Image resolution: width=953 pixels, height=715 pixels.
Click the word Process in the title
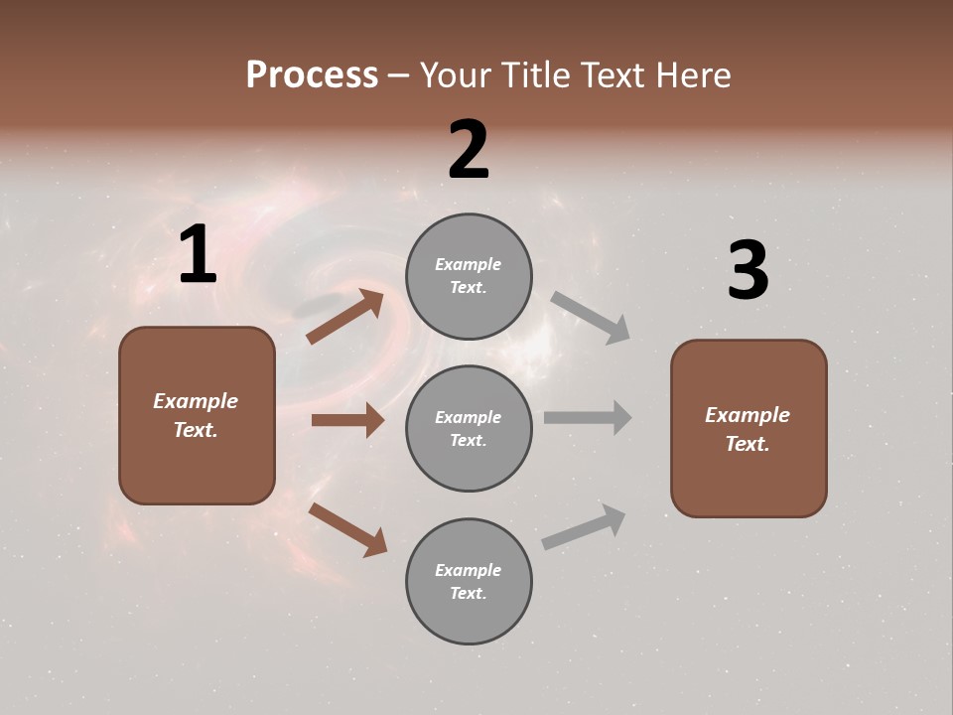(312, 75)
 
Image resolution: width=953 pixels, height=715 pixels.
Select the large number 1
(198, 255)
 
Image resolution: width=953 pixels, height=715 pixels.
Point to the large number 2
(469, 150)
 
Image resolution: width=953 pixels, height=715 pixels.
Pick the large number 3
(748, 271)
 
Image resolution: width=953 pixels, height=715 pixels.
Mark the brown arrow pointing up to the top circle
(345, 317)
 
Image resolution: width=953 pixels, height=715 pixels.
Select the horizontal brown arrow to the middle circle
(347, 420)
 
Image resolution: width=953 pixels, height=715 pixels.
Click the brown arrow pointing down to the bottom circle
(347, 529)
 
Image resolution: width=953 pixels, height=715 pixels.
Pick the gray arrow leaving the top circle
(591, 317)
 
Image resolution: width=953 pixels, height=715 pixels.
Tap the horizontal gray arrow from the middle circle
(588, 418)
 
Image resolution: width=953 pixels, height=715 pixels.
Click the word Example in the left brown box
(196, 401)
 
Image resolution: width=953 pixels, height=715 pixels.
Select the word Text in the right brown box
(747, 444)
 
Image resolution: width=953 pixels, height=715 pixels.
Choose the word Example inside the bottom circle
(468, 570)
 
